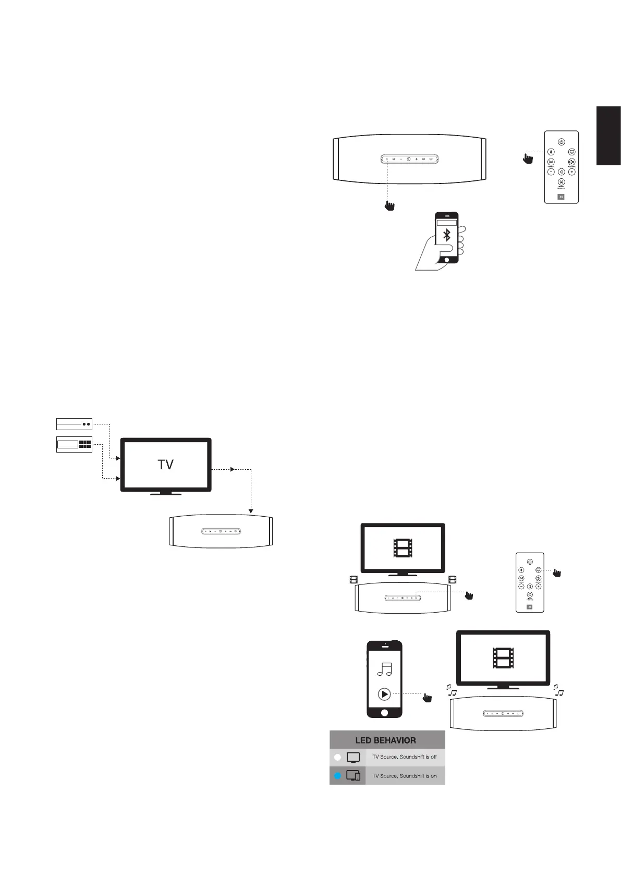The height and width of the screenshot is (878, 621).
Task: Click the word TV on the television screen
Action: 165,465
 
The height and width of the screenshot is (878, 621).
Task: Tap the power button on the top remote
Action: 561,141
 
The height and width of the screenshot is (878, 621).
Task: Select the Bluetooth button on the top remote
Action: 551,152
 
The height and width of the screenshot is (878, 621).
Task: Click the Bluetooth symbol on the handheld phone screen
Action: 446,235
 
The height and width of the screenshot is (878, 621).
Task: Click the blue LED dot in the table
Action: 337,776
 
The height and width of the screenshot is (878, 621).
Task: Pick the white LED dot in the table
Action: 337,757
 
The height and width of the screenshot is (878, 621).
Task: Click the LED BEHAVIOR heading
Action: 386,740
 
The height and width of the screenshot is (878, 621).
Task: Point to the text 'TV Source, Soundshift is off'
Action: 405,757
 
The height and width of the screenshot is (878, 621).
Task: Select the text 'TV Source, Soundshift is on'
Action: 405,776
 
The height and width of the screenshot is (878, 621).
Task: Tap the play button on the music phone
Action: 384,694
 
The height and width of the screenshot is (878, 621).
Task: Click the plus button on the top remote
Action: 572,172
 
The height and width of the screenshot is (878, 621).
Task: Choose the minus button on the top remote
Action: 551,172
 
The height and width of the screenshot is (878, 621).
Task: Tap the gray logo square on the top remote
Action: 562,197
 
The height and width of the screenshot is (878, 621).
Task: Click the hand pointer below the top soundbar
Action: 388,205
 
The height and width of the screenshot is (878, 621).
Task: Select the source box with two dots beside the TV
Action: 74,424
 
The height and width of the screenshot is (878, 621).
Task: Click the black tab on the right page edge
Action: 608,136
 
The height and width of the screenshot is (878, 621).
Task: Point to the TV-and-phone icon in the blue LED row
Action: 353,776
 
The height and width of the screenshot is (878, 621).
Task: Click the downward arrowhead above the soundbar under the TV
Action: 251,510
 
